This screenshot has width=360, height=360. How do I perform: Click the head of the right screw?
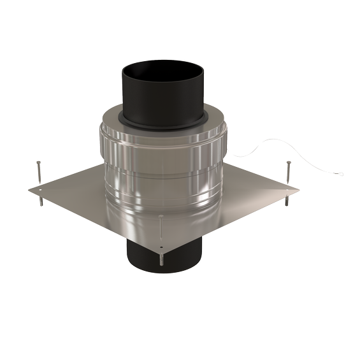pyautogui.click(x=287, y=162)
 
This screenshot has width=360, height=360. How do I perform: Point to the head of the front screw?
pyautogui.click(x=160, y=217)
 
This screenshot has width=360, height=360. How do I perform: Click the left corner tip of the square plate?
pyautogui.click(x=28, y=189)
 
